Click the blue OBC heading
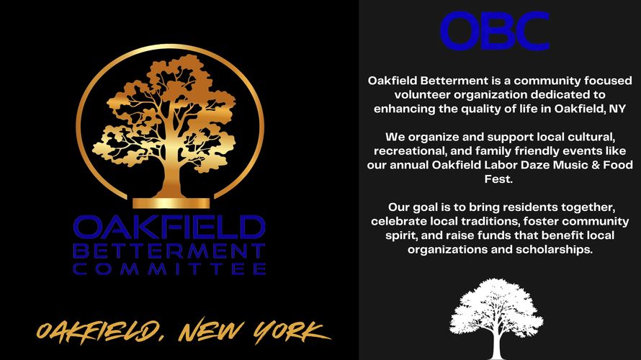point(495,31)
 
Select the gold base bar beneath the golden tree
point(171,203)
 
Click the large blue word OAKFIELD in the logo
point(169,228)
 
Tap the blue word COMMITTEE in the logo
point(170,269)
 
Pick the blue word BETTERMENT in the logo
point(169,251)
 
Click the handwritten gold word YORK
point(291,331)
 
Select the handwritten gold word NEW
point(210,330)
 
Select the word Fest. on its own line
point(498,179)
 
